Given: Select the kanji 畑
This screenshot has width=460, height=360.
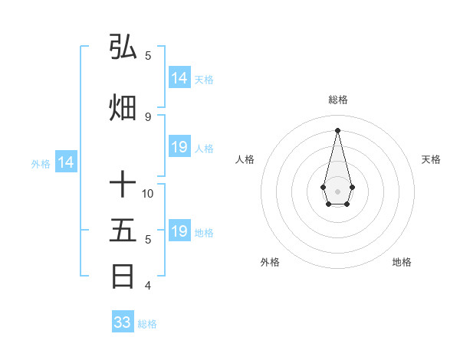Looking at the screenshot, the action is [123, 108].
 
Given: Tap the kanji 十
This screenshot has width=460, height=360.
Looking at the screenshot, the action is [123, 185].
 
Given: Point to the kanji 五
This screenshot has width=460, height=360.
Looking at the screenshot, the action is [123, 231].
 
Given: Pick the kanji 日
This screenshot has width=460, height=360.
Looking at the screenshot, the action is [123, 277].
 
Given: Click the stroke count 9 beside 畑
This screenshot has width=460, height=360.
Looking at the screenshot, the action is [148, 117].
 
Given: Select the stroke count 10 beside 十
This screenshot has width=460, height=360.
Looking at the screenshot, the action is [148, 193].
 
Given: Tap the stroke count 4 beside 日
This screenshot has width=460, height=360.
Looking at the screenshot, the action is [148, 286].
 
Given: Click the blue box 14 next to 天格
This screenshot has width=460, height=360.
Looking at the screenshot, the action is [179, 78].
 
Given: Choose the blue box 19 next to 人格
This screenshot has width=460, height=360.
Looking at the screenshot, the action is [179, 147].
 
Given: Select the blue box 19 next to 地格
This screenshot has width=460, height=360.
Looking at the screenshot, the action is [179, 231].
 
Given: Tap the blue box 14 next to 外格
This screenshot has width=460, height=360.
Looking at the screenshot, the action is [65, 162].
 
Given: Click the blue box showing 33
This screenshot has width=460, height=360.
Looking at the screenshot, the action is [123, 322].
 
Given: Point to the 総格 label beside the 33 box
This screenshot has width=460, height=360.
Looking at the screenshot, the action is [147, 324].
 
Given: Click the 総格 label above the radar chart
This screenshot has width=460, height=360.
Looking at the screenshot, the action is [337, 100].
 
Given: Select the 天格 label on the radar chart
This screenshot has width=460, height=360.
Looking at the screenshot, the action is [431, 159].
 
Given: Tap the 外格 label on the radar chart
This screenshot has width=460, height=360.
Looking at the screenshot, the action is [270, 262].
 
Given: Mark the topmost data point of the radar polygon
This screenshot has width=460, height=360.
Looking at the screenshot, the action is [337, 129].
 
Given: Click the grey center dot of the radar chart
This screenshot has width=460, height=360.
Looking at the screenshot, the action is [337, 190].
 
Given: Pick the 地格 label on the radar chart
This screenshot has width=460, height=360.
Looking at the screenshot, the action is [402, 262].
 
